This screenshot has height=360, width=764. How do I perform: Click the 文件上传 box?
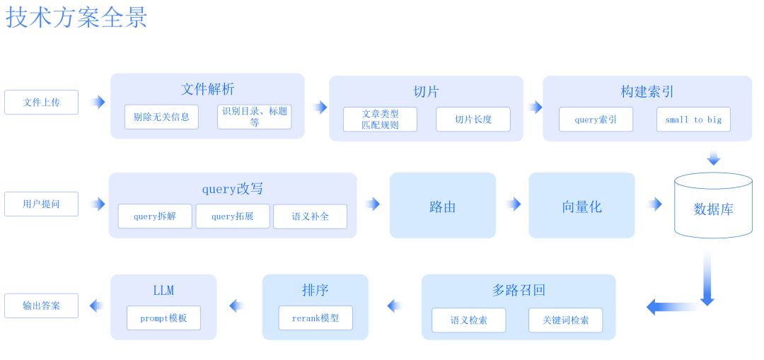(41, 102)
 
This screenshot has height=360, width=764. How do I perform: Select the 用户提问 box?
(41, 204)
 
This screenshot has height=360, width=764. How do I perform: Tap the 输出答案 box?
(41, 306)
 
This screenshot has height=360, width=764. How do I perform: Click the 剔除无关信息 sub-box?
(161, 117)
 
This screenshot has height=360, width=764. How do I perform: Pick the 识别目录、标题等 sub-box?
(254, 117)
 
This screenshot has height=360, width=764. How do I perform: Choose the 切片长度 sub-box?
(473, 120)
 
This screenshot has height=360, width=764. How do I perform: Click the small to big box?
(693, 120)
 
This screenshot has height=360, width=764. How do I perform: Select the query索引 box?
(596, 120)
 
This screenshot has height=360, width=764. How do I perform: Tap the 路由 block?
(442, 206)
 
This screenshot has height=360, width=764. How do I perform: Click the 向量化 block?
(581, 206)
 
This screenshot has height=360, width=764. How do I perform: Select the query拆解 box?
(155, 216)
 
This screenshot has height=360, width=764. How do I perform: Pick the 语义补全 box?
(310, 216)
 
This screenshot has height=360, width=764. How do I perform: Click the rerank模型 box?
(316, 318)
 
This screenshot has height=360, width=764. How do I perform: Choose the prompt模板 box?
(163, 318)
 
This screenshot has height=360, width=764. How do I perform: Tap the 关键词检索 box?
(565, 320)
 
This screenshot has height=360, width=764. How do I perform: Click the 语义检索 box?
(468, 320)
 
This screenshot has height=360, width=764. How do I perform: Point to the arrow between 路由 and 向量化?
(513, 204)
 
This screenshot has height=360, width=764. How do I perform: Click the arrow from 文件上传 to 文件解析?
(97, 102)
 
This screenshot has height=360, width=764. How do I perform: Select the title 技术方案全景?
(76, 18)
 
